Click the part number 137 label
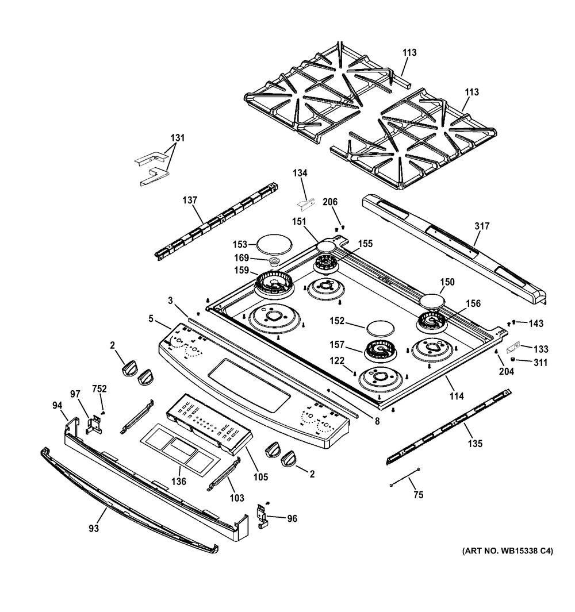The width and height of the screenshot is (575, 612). coord(190,201)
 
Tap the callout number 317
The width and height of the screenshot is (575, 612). coord(482,226)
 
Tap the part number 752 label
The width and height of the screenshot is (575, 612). coord(100,389)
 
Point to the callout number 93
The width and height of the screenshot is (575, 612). coord(94,528)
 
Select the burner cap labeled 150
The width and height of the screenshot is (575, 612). coord(432,301)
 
